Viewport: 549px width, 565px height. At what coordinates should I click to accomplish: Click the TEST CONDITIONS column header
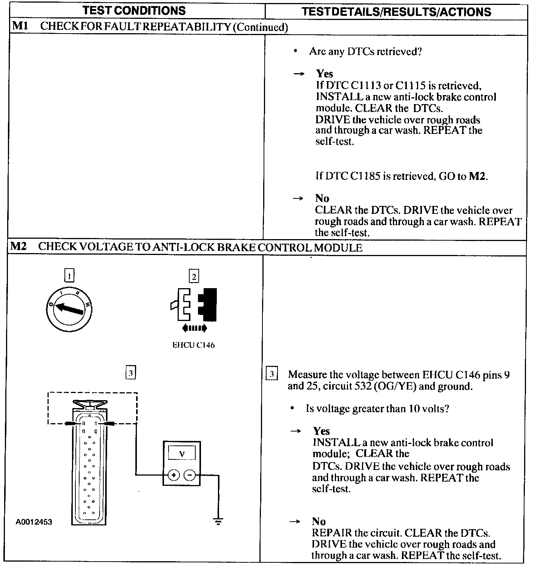tap(134, 10)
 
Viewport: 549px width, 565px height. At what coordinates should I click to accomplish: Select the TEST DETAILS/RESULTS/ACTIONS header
tap(396, 12)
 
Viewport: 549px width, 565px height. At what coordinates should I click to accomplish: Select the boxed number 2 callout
tap(194, 276)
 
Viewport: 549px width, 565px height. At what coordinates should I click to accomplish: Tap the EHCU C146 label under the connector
tap(193, 345)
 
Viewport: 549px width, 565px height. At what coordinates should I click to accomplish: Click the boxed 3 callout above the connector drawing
tap(130, 373)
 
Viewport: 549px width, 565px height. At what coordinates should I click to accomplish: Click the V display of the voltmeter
tap(182, 453)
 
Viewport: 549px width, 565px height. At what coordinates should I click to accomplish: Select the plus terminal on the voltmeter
tap(173, 475)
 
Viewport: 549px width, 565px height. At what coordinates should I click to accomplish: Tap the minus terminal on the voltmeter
tap(190, 475)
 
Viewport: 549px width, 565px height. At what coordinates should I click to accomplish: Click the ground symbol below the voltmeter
tap(218, 522)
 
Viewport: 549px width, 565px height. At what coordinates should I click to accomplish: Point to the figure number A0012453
tap(34, 522)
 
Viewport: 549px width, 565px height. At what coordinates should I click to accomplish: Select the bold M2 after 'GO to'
tap(477, 176)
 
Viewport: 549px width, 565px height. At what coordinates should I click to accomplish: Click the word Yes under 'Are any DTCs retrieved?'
tap(324, 74)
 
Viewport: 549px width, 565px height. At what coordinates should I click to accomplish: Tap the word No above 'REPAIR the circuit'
tap(319, 521)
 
